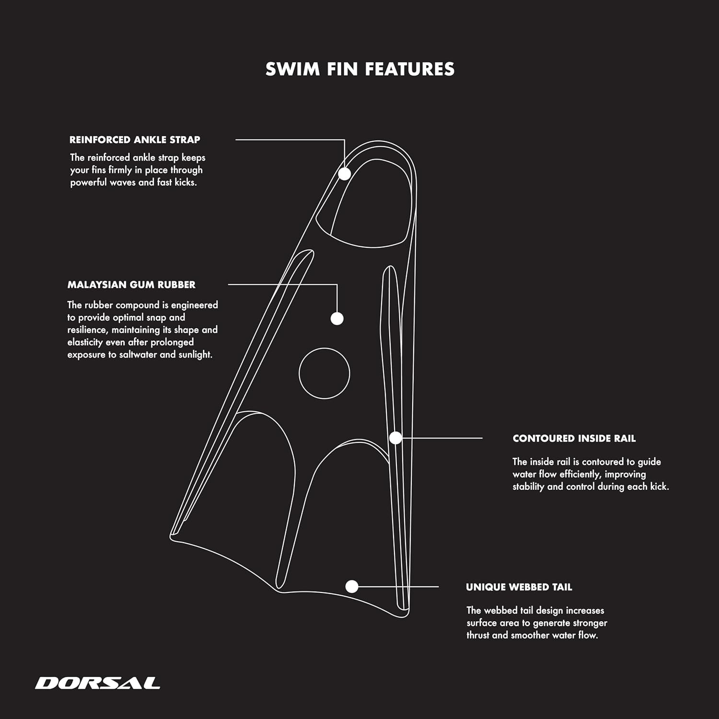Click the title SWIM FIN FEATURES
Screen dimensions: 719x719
[x=360, y=69]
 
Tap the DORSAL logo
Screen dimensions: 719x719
[x=97, y=683]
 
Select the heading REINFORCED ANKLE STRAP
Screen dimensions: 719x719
[x=135, y=140]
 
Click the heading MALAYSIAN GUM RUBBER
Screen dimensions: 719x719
[x=131, y=285]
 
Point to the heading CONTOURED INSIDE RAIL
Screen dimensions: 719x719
[x=574, y=439]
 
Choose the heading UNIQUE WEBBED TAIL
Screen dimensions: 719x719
[x=519, y=587]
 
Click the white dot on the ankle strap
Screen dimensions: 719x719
[x=345, y=174]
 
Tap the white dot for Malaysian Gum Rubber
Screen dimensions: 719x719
[x=337, y=318]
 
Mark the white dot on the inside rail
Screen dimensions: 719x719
[x=395, y=438]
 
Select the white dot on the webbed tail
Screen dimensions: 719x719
[x=352, y=586]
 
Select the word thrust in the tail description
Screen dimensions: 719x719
[x=478, y=635]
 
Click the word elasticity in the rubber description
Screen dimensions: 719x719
[x=85, y=342]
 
